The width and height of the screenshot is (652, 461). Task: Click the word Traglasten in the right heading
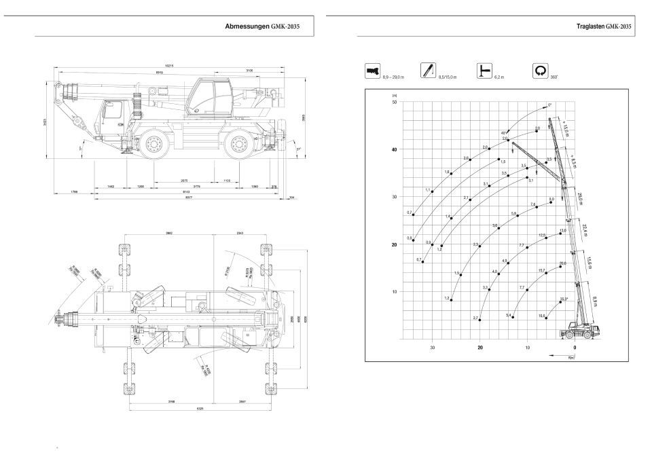[589, 26]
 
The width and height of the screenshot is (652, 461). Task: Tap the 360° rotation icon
[541, 70]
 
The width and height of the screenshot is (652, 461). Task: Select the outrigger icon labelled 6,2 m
[484, 70]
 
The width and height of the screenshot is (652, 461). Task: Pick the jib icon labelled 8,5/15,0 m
[428, 70]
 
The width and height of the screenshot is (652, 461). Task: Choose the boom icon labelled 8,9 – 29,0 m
[372, 70]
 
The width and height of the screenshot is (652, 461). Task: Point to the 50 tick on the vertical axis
[394, 102]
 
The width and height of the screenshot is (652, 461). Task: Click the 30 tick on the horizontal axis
[432, 348]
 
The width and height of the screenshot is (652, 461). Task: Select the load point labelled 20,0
[560, 266]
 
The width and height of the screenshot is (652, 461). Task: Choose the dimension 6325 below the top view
[200, 409]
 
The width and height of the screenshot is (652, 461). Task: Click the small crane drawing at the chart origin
[581, 331]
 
